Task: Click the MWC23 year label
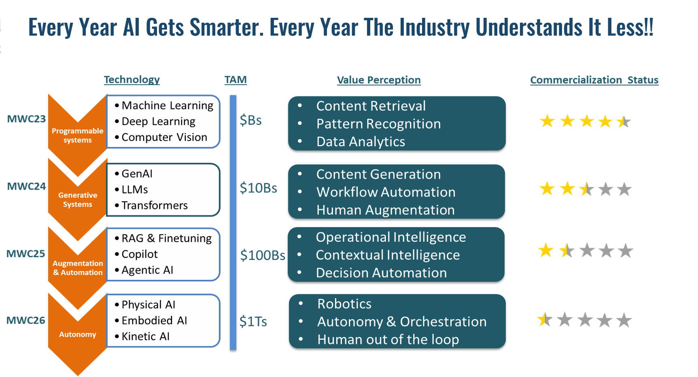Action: [x=26, y=119]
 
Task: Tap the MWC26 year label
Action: [x=25, y=320]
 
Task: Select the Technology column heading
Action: [x=132, y=79]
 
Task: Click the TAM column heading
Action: [x=235, y=80]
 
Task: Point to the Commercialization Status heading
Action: [x=594, y=80]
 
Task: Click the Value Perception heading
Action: [x=379, y=80]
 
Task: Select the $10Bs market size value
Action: [x=258, y=188]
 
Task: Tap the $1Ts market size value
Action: [x=253, y=322]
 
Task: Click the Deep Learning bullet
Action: [x=158, y=121]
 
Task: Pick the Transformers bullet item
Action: [x=154, y=205]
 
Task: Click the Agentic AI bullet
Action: [x=147, y=270]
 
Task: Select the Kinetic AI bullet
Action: [x=145, y=337]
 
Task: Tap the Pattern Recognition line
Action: [x=378, y=124]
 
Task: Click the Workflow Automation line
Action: [x=386, y=192]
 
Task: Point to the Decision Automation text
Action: [x=381, y=273]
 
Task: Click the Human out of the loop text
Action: [x=388, y=339]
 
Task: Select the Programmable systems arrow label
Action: [x=77, y=135]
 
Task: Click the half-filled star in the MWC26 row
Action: [x=545, y=320]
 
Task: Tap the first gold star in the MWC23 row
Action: [x=547, y=121]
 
